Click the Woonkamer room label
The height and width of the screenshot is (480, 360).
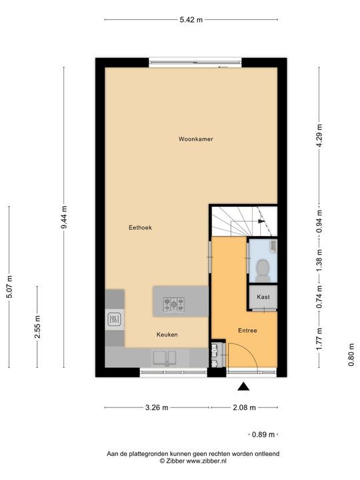click(195, 139)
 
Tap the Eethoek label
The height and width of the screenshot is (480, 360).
click(140, 227)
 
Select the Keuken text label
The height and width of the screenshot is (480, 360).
click(167, 335)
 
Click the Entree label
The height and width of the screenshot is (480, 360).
click(247, 331)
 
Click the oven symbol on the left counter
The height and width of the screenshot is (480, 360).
click(114, 319)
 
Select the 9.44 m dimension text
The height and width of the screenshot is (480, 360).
click(64, 217)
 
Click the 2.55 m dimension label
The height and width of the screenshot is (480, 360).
click(37, 327)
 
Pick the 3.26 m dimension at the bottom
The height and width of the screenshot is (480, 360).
click(156, 407)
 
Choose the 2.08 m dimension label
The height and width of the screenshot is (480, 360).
click(244, 407)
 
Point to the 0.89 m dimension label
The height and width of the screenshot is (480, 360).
click(263, 435)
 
